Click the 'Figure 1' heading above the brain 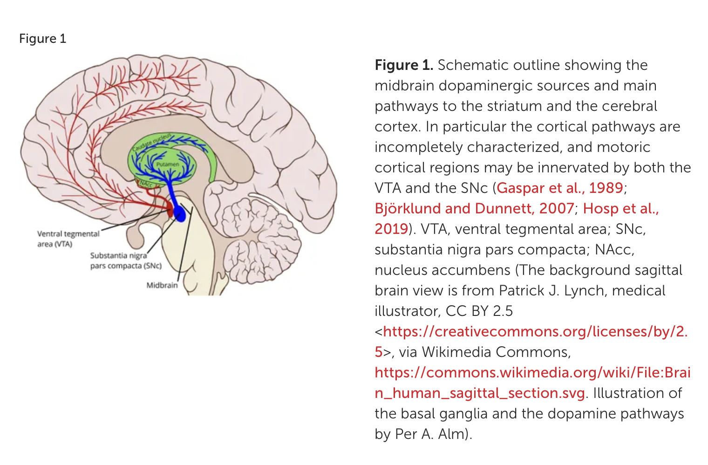point(42,39)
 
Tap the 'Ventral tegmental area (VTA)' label point(68,239)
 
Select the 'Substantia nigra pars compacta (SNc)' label point(126,260)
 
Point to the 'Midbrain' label point(162,285)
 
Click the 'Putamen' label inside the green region point(168,164)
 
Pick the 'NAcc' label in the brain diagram point(146,184)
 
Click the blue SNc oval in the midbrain point(179,214)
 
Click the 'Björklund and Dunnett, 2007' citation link point(474,208)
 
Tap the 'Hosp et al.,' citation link point(621,208)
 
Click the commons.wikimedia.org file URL point(532,373)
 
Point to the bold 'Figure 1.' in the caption point(404,65)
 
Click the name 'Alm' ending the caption point(451,434)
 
